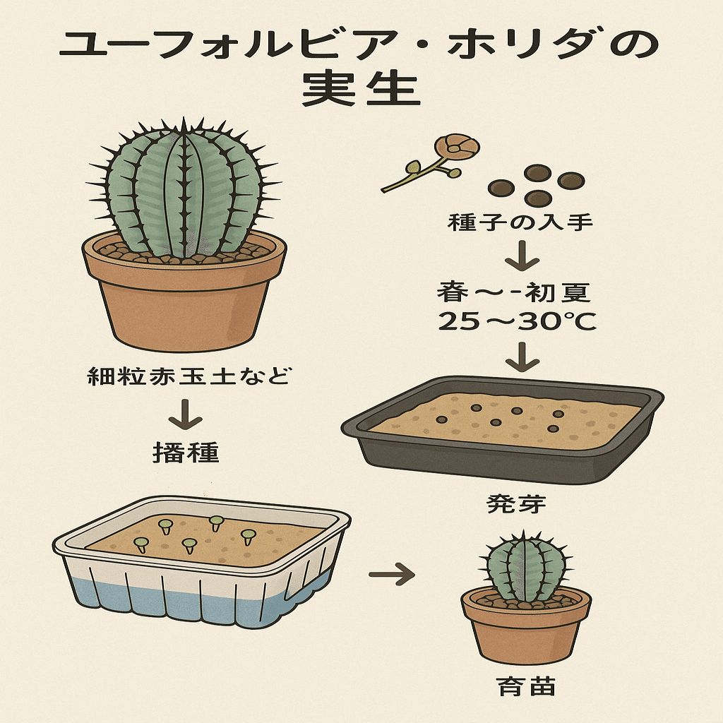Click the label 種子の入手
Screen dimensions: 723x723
coord(520,224)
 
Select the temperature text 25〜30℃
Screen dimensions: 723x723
coord(518,322)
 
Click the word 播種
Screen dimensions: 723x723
coord(186,452)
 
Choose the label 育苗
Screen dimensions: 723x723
coord(526,687)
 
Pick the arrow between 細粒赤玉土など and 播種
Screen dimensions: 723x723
coord(186,414)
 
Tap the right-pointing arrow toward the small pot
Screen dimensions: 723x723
coord(391,573)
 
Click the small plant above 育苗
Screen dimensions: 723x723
coord(526,569)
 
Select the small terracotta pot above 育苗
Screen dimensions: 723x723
coord(526,628)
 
